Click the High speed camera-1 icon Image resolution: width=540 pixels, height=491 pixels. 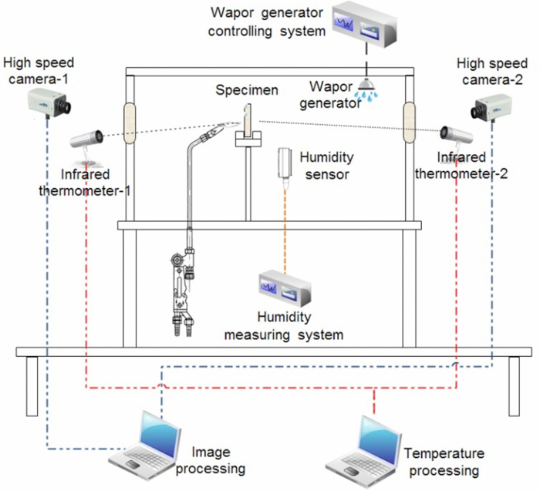[50, 98]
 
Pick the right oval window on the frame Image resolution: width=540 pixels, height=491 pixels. [410, 121]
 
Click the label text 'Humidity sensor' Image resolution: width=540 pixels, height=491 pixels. [326, 166]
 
